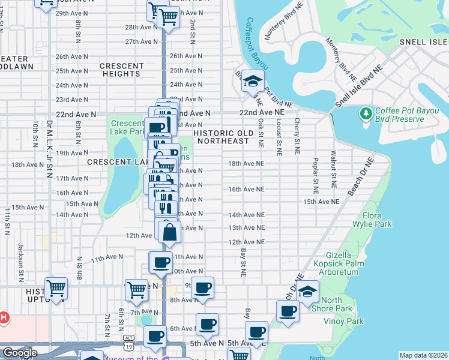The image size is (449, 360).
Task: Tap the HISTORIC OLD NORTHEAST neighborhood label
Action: pos(221,136)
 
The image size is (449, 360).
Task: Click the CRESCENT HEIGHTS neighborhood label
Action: pos(121,70)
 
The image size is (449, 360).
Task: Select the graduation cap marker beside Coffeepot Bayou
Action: pos(254,82)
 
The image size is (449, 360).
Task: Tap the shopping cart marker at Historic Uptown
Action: pos(56,289)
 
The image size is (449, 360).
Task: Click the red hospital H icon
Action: pos(2,317)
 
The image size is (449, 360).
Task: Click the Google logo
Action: pos(19,353)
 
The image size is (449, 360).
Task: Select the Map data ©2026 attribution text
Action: pos(423,355)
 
